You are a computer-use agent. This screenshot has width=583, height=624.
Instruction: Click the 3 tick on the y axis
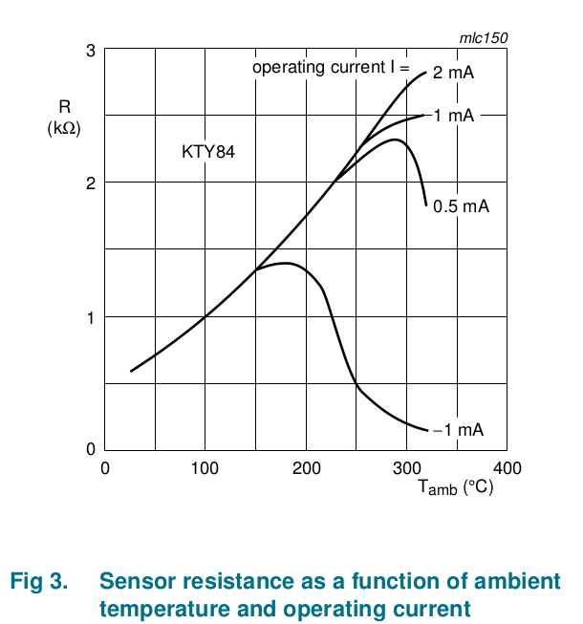pos(91,50)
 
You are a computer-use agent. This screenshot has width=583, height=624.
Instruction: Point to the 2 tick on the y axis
pos(91,183)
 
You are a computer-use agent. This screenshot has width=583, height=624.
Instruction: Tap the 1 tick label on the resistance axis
pos(91,317)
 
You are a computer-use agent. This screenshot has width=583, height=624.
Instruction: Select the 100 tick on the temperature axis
pos(205,468)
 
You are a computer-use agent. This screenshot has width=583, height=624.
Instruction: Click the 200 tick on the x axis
pos(306,468)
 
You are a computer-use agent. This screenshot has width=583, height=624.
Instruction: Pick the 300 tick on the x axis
pos(406,468)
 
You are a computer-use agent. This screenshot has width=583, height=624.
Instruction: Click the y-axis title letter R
pos(64,109)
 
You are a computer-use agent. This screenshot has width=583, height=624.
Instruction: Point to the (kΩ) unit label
pos(64,128)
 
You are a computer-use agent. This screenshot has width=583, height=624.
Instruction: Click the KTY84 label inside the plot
pos(208,151)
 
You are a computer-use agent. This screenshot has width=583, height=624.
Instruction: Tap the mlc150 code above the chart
pos(484,37)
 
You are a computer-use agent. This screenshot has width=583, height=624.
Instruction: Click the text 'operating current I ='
pos(330,68)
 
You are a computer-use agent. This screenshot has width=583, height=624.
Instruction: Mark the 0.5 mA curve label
pos(461,206)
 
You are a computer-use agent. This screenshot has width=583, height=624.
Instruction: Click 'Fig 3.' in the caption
pos(38,581)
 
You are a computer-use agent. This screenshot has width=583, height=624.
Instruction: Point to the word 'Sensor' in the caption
pos(135,581)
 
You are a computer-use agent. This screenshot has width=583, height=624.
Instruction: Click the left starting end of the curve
pos(131,371)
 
